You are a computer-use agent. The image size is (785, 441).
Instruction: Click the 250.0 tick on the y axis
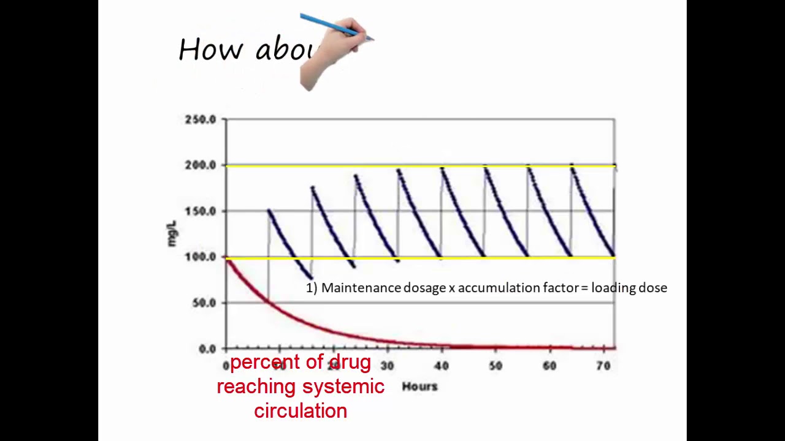point(201,119)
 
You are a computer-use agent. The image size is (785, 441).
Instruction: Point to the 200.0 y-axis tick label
point(201,165)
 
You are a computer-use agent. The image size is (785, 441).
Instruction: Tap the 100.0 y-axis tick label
point(201,257)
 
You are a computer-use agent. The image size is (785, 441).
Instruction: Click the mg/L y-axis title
point(172,234)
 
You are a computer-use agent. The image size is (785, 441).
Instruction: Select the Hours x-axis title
point(419,386)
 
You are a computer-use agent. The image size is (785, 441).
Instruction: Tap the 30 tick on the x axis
point(387,366)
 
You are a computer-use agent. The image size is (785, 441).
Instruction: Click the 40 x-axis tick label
point(441,366)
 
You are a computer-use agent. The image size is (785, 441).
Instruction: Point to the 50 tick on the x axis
point(495,366)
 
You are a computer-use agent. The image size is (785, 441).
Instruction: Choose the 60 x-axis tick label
point(549,366)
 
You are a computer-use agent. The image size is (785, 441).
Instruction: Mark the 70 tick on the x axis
point(603,366)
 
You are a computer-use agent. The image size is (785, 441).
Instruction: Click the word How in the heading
point(210,50)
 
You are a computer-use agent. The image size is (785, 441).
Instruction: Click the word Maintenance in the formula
point(361,288)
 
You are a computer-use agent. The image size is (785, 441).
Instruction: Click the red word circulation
point(301,411)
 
